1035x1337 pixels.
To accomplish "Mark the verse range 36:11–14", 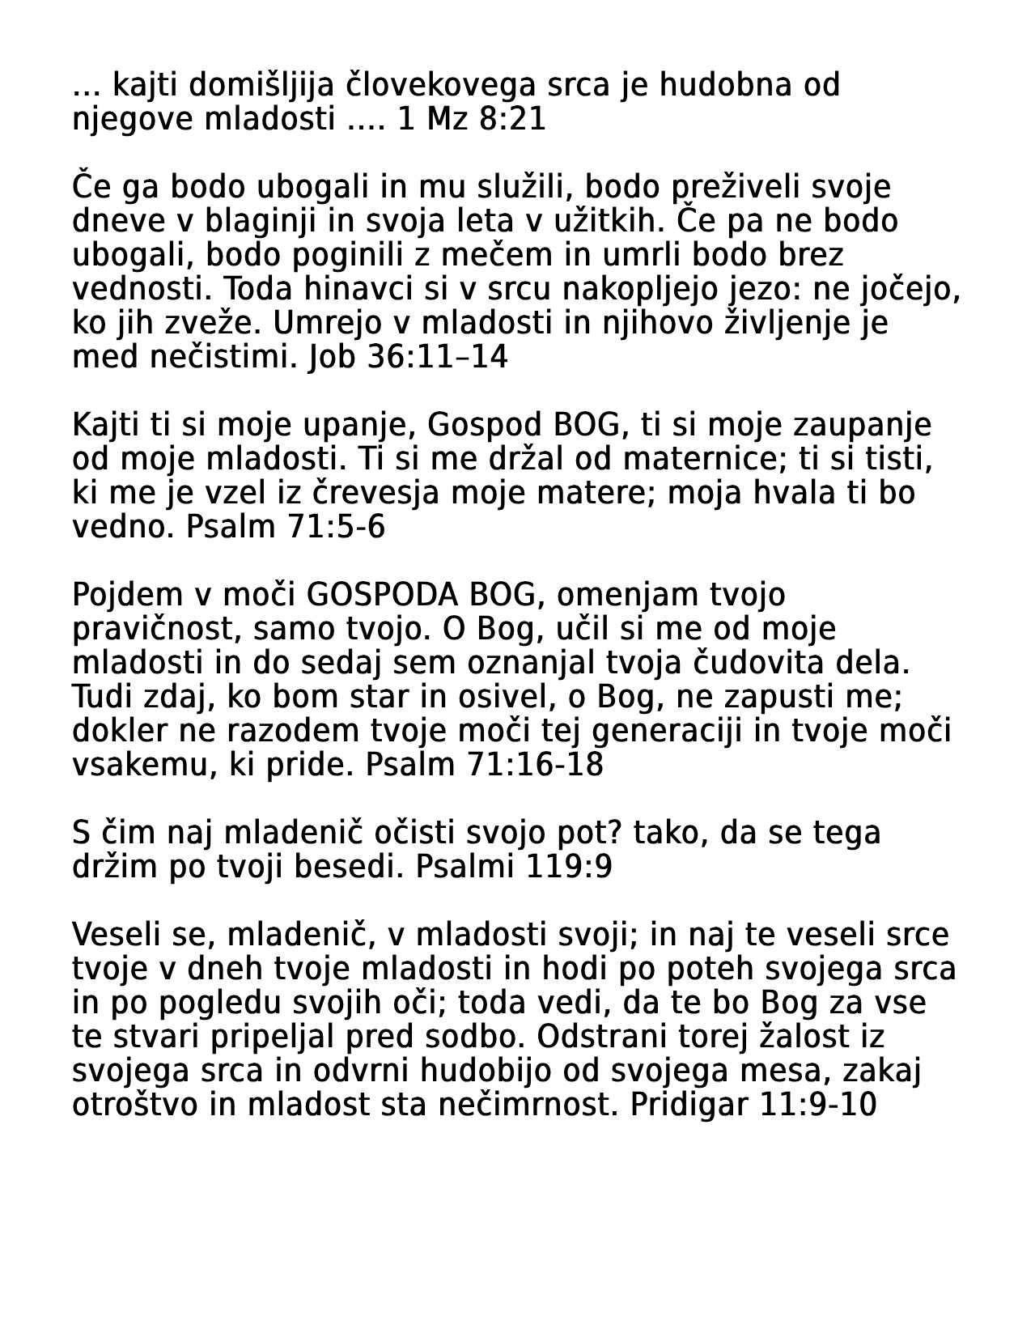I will coord(438,357).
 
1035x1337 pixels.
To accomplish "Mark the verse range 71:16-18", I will coord(535,765).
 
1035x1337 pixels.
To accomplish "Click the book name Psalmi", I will coord(464,867).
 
